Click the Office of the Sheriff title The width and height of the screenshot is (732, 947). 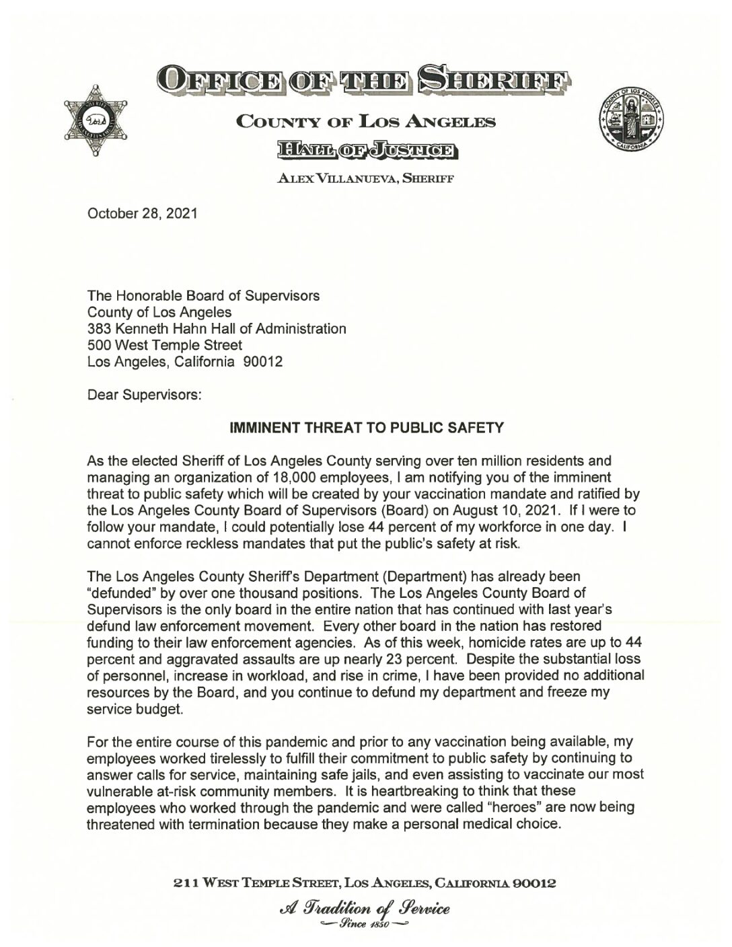pyautogui.click(x=366, y=81)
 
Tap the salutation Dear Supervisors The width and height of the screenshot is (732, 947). pyautogui.click(x=144, y=395)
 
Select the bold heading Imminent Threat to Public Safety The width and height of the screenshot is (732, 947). pyautogui.click(x=367, y=428)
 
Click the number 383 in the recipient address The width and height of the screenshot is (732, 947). pyautogui.click(x=99, y=329)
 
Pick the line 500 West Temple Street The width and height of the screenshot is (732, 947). pyautogui.click(x=165, y=345)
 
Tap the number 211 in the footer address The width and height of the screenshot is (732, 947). pyautogui.click(x=184, y=882)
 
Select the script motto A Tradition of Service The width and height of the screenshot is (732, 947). pyautogui.click(x=367, y=909)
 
